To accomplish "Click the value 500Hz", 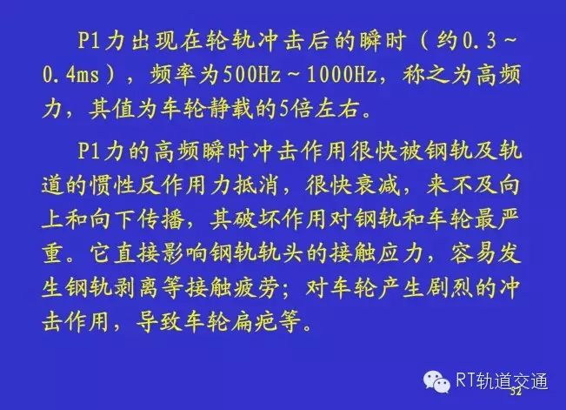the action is pyautogui.click(x=251, y=76).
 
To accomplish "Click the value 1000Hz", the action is pyautogui.click(x=341, y=76).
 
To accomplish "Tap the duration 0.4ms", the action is pyautogui.click(x=70, y=76).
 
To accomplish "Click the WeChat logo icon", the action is pyautogui.click(x=436, y=381).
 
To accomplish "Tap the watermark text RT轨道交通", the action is pyautogui.click(x=502, y=381).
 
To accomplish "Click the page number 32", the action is pyautogui.click(x=516, y=392).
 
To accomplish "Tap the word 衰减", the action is pyautogui.click(x=377, y=185).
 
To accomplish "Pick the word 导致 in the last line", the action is pyautogui.click(x=160, y=321).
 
